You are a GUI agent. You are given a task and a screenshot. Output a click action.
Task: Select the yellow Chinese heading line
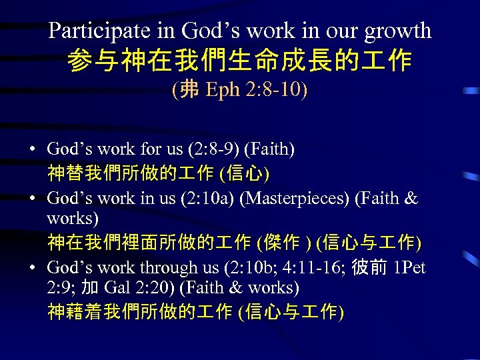click(240, 61)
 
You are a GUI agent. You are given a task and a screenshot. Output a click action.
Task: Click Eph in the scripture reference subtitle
click(219, 90)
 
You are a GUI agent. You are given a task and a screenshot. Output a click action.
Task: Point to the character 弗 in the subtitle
click(190, 90)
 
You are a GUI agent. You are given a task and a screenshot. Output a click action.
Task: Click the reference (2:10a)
click(205, 199)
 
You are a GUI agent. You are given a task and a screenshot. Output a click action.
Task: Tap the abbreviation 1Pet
click(409, 268)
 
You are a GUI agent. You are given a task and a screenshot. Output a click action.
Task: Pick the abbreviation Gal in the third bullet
click(117, 288)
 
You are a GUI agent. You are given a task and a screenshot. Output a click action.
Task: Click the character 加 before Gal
click(91, 288)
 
